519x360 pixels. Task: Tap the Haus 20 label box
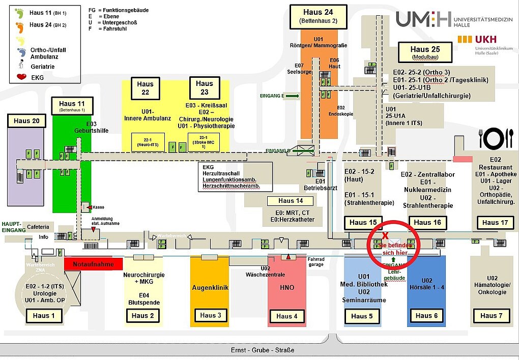(26, 121)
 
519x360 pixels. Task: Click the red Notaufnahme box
(94, 264)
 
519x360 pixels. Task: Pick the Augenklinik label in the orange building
(210, 288)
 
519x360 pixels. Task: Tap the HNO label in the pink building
(287, 288)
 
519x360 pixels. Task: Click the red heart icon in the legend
(21, 77)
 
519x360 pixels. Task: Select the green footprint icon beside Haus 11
(20, 12)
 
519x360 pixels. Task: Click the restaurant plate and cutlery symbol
(496, 138)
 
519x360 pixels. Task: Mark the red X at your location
(386, 235)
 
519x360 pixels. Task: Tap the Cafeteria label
(39, 227)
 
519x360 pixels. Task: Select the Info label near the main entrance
(43, 237)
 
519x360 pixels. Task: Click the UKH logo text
(486, 39)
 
